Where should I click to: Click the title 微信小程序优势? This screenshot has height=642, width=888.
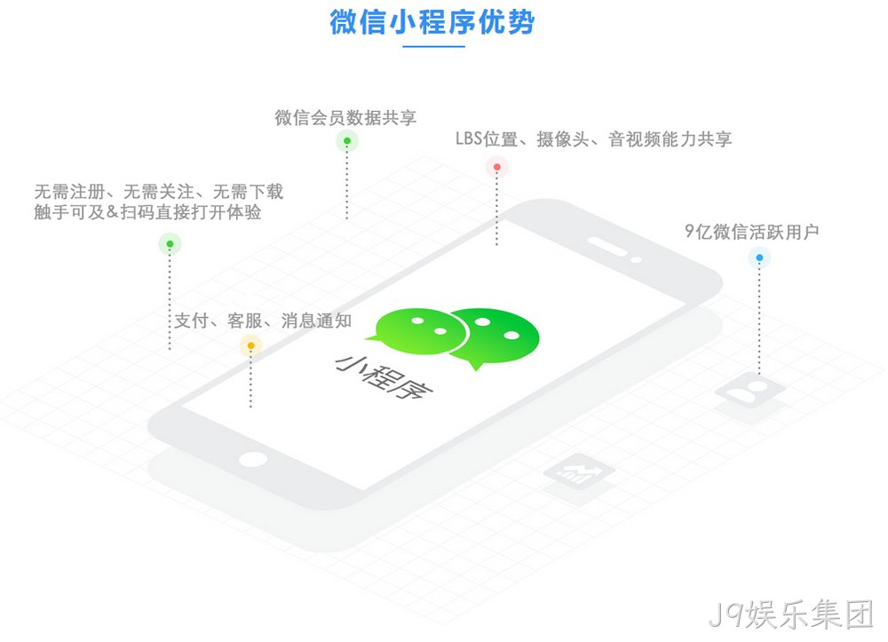point(432,22)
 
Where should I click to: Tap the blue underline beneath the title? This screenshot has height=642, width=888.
point(434,46)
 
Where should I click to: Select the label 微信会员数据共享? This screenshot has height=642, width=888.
point(345,118)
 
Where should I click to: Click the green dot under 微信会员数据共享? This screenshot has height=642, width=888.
point(347,141)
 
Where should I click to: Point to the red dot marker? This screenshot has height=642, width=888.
point(496,167)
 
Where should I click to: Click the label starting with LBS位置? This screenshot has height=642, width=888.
point(593,139)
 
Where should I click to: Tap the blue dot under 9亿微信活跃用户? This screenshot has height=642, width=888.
point(759,258)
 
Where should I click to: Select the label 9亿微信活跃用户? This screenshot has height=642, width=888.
point(751,232)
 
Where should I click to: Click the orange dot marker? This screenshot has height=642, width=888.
point(251,345)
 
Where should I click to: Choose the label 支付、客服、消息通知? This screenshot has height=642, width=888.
point(263,321)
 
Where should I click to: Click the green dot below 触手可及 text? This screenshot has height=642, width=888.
point(170,244)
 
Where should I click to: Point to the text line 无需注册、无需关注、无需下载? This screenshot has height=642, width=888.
point(159,191)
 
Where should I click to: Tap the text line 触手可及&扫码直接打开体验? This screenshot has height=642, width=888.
point(147,212)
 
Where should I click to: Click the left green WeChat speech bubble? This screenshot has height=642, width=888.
point(418,332)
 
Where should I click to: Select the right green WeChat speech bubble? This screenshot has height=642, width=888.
point(496,337)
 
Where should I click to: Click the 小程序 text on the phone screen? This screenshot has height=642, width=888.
point(384,377)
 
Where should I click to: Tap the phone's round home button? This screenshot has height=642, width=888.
point(252,459)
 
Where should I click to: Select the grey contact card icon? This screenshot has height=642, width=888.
point(749,391)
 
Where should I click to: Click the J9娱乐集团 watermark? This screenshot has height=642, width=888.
point(790,614)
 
